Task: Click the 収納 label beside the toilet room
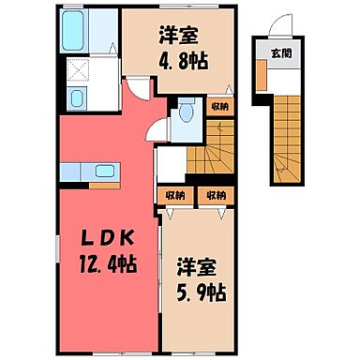click(x=218, y=107)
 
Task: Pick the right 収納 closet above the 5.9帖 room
click(x=217, y=196)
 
